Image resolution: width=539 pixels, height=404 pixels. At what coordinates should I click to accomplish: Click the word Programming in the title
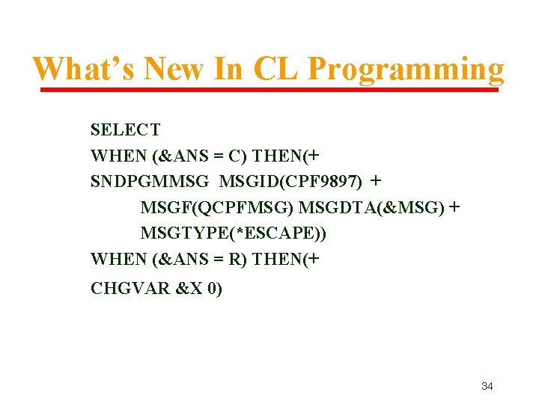406,70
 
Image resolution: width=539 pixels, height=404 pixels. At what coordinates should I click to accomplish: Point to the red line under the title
269,90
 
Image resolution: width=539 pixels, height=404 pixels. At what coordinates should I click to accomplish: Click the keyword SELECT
125,130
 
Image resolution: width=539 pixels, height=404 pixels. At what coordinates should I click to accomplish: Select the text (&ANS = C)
201,156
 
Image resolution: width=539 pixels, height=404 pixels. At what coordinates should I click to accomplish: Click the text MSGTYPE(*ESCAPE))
234,233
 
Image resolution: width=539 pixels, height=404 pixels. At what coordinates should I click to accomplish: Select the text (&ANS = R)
201,260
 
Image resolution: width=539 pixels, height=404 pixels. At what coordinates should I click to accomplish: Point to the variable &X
190,288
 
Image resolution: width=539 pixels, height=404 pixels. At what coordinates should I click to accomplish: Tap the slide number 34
487,386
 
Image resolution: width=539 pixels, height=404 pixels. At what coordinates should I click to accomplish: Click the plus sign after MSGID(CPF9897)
376,181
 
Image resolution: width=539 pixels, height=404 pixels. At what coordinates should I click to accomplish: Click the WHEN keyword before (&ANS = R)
118,260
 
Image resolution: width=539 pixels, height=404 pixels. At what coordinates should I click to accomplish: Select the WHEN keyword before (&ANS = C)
118,156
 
